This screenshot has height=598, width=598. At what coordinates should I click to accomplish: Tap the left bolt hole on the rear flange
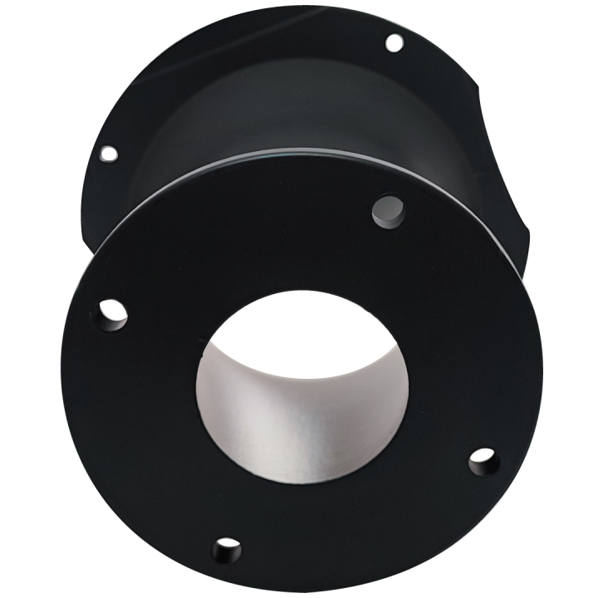108,153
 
